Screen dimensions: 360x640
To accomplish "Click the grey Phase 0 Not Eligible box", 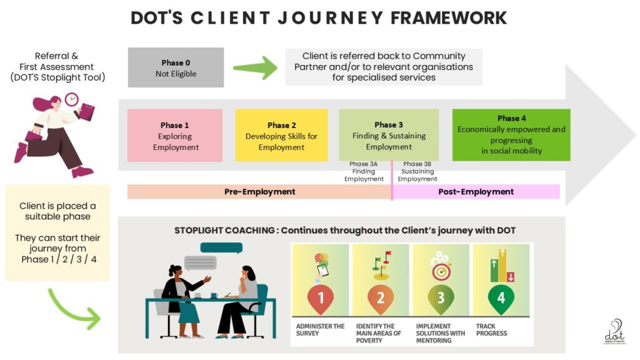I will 176,67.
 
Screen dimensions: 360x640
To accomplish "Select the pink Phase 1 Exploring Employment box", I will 175,136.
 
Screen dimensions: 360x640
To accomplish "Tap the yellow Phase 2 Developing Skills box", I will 281,136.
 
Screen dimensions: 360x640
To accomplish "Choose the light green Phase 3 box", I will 389,135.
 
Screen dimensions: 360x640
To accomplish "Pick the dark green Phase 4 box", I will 511,134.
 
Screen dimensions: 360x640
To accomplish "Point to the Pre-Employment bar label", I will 259,192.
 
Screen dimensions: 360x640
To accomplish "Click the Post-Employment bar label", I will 476,192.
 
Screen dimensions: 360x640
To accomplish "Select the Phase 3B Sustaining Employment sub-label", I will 417,172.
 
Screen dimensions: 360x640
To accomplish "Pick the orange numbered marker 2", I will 381,298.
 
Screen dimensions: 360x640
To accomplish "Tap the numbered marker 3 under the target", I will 441,298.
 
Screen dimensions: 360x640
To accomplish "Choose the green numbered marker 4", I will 501,298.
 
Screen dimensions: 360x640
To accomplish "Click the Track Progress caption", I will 491,329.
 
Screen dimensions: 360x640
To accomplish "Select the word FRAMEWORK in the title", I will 449,17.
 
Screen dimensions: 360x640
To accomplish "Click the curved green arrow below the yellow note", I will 73,307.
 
